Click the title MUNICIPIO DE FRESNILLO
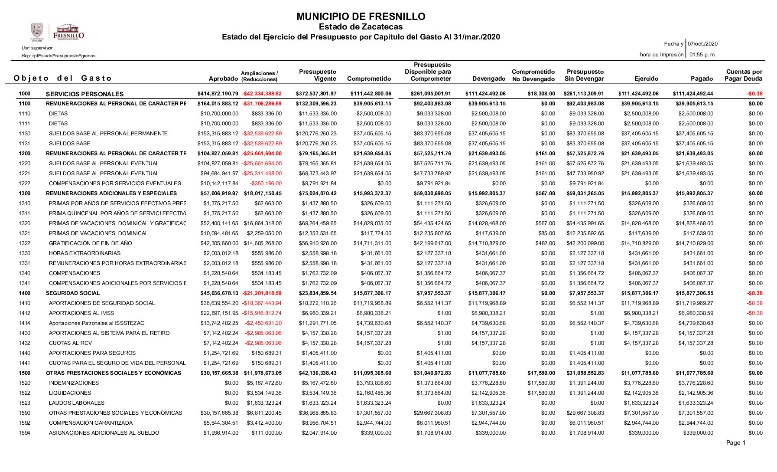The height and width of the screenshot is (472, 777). click(x=361, y=17)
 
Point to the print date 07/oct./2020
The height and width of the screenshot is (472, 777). click(x=702, y=44)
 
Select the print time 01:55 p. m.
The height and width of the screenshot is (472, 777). click(x=702, y=55)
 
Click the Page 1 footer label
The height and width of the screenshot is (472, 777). click(x=735, y=443)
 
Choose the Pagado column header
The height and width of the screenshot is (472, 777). click(x=702, y=79)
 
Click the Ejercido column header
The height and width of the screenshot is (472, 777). click(x=646, y=79)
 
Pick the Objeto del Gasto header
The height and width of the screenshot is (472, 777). click(x=62, y=79)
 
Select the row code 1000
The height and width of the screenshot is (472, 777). click(x=25, y=94)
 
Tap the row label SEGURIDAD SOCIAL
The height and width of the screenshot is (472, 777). click(x=73, y=293)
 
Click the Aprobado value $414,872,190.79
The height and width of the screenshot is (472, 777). click(x=218, y=94)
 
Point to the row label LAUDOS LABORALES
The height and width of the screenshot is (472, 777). click(x=77, y=403)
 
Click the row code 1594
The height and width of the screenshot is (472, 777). click(x=25, y=433)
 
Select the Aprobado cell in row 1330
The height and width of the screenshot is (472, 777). click(x=221, y=253)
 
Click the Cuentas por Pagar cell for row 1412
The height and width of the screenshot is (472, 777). click(x=754, y=313)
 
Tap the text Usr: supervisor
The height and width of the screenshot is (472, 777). click(x=37, y=48)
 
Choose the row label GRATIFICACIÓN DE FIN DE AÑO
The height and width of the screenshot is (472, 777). click(x=90, y=243)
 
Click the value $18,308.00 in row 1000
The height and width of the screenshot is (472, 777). click(x=541, y=94)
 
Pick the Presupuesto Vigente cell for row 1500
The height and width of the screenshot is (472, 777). click(x=317, y=373)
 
